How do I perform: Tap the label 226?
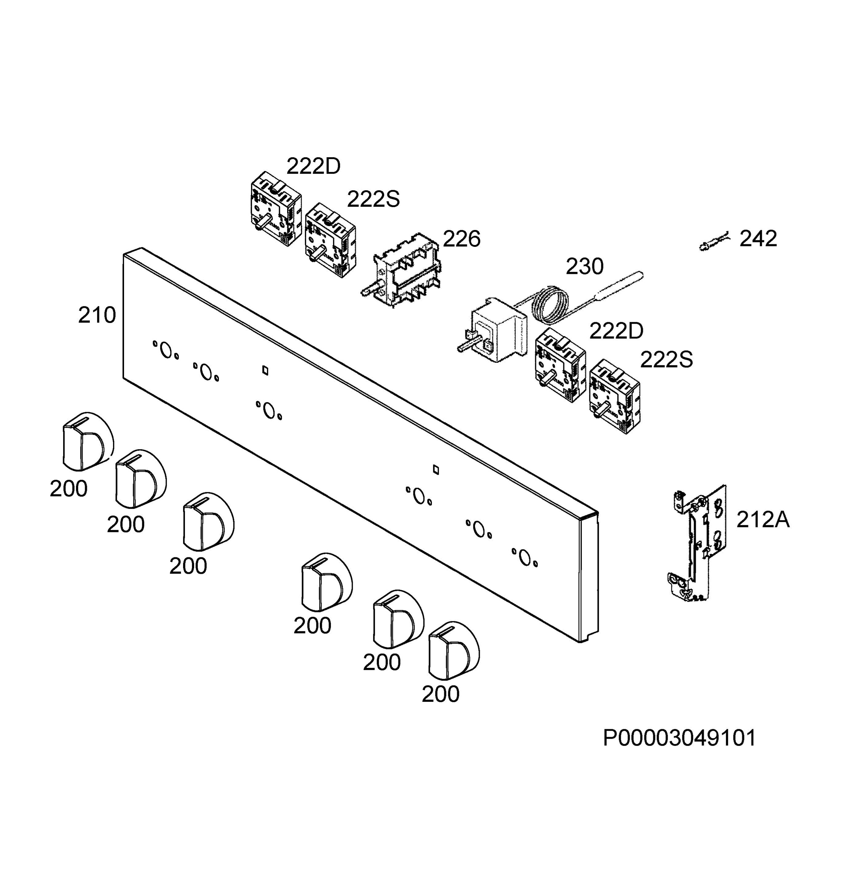461,239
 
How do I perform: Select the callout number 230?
585,267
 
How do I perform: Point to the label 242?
758,238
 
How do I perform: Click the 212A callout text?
763,520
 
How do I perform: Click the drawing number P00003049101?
679,738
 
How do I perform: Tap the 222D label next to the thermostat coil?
616,331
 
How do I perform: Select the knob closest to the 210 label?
87,441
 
